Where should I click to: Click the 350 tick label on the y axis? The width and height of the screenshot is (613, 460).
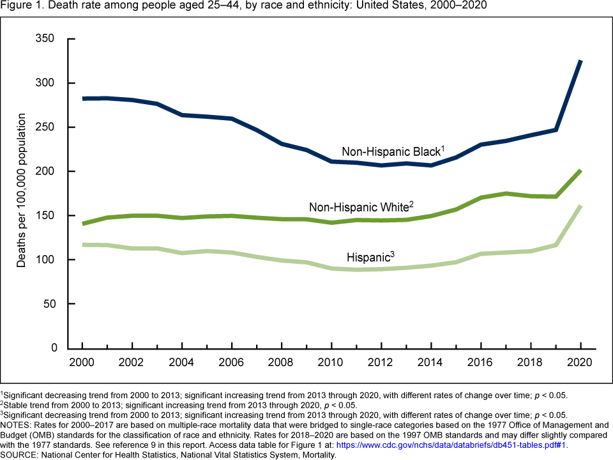point(47,39)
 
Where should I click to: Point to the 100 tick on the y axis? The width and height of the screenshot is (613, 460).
point(47,260)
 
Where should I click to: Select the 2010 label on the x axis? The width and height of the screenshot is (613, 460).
point(331,362)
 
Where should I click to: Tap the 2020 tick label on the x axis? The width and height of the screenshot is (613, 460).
point(580,362)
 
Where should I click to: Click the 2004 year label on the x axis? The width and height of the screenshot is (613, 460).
point(182,362)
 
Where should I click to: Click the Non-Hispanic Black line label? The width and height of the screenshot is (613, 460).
point(392,152)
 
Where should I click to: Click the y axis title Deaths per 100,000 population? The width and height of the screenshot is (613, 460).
point(22,190)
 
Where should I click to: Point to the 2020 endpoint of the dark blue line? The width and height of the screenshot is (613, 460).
point(580,61)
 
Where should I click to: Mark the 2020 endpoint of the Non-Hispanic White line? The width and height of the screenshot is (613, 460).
point(580,171)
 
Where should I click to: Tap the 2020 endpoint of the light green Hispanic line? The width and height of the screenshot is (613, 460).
point(580,206)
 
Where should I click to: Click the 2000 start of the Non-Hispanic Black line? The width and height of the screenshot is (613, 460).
point(83,98)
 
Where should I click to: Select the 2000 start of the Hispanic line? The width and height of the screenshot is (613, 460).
point(83,245)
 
